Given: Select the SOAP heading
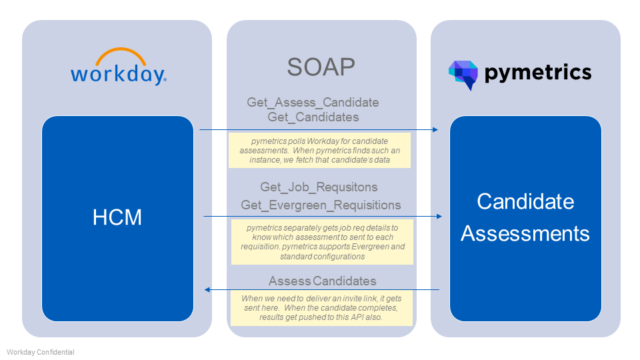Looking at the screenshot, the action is pos(321,67).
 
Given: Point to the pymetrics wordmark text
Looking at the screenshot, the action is pos(538,73).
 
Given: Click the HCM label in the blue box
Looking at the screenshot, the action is pos(117,217).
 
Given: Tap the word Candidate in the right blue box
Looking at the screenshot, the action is pos(525,201).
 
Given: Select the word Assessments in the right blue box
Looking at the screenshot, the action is pos(525,233).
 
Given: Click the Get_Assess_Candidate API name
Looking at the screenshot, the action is pos(313,103).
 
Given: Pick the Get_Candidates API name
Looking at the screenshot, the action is pos(313,117).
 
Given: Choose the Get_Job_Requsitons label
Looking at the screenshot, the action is pos(319,187).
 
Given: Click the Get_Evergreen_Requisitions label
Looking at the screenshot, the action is pos(321,205).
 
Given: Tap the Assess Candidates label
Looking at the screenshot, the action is pos(322,281).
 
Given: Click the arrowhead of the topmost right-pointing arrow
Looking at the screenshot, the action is pos(435,130).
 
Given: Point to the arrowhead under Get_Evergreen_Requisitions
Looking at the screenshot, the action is pos(439,216).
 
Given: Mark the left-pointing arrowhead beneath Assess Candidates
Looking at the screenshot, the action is pos(207,290).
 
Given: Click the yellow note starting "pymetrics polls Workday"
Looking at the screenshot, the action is pos(319,150).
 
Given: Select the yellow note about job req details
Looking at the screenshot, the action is pos(322,242).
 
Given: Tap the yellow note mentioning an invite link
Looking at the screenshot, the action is pos(321,308).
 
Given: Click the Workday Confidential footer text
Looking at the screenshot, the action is pos(41,352).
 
